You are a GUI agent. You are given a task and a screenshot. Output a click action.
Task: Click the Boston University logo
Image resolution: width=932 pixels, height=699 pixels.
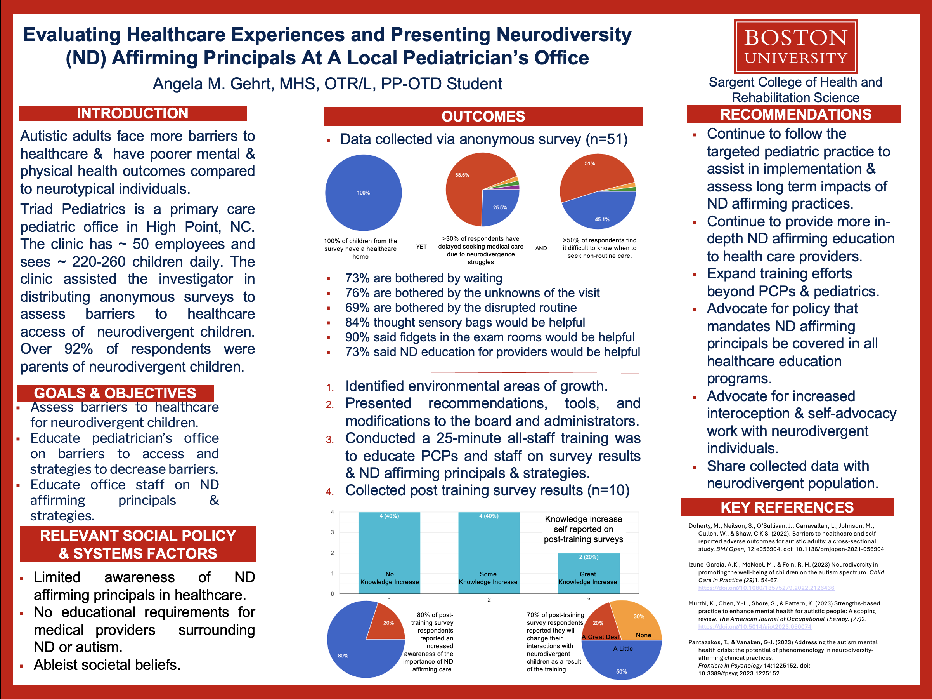[x=795, y=46]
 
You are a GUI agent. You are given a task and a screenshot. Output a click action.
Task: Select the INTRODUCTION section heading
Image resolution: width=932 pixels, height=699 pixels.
[x=132, y=113]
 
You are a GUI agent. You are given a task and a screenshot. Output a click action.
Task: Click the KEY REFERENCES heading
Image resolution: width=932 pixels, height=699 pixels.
[x=786, y=507]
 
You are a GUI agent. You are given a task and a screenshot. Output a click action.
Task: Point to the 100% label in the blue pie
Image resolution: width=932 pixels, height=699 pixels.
[x=363, y=193]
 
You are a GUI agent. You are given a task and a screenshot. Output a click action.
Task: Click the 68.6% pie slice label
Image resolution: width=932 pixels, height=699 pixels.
[x=462, y=175]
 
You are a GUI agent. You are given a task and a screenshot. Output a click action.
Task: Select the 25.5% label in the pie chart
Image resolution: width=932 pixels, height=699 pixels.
[x=500, y=207]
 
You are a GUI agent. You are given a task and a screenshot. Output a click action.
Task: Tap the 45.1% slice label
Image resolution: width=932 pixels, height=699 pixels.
[x=602, y=219]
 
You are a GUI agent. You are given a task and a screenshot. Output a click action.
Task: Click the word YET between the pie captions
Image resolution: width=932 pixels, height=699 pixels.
[x=421, y=247]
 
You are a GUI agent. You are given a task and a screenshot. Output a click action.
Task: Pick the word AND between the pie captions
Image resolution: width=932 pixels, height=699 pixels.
[x=541, y=248]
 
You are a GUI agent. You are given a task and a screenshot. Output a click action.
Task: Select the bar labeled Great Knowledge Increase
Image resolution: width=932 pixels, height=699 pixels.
[x=588, y=573]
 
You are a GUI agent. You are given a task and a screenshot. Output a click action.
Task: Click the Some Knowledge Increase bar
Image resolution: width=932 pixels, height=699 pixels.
[x=489, y=552]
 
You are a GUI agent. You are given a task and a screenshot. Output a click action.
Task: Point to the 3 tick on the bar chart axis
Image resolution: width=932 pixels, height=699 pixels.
[x=332, y=532]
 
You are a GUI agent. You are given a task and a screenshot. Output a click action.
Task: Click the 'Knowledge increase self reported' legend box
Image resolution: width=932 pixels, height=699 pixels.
[x=583, y=529]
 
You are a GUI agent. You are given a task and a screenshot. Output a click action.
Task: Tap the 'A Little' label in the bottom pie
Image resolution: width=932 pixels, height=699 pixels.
[x=623, y=649]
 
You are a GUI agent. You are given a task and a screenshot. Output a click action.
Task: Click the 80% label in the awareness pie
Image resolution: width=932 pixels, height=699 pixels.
[x=343, y=656]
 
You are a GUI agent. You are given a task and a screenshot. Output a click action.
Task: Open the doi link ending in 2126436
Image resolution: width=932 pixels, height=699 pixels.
[x=766, y=588]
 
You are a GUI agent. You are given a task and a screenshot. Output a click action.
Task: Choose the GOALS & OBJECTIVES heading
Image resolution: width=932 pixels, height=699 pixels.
[x=115, y=393]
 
